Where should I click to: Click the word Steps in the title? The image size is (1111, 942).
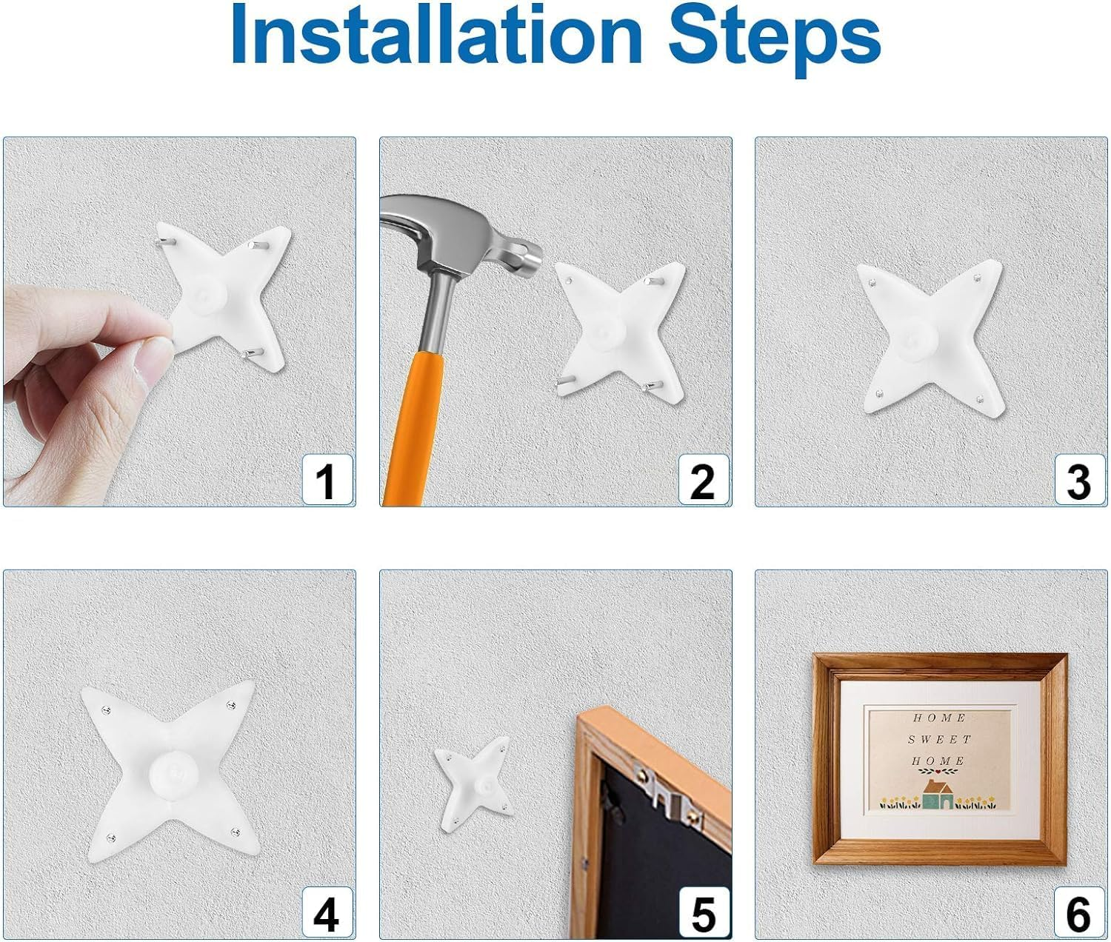[x=775, y=41]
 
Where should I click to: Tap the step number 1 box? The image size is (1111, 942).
[x=327, y=480]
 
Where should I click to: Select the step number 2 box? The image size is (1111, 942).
[x=704, y=480]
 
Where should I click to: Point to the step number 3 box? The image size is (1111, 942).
[x=1079, y=480]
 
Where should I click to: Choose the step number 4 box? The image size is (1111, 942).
[x=327, y=912]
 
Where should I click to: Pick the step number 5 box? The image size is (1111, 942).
[x=704, y=912]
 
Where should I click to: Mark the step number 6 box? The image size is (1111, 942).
[x=1079, y=912]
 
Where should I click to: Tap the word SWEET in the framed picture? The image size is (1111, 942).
[x=940, y=739]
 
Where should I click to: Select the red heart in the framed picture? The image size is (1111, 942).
[x=938, y=771]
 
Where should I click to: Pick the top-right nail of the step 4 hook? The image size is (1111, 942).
[x=232, y=705]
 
